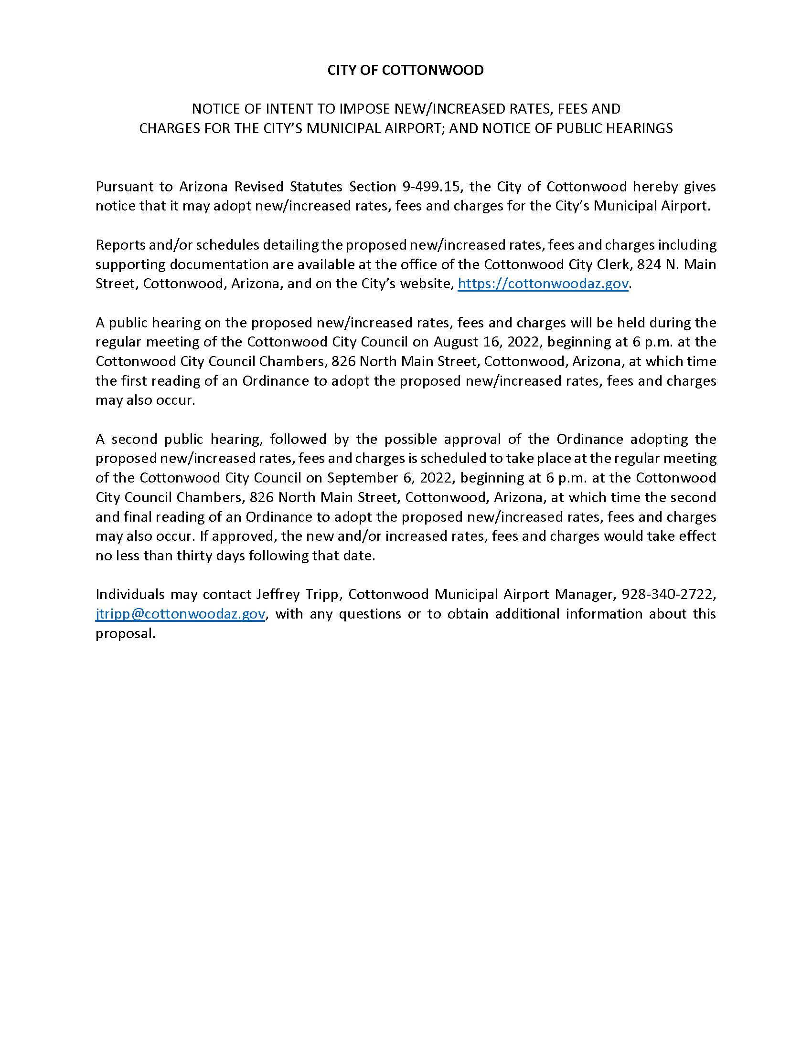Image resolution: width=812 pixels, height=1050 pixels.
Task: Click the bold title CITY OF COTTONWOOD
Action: point(406,70)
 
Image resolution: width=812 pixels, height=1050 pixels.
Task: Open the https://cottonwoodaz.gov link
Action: point(543,283)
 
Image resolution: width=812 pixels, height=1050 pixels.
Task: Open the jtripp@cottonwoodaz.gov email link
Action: point(181,614)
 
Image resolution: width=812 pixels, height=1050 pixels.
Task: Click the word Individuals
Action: point(130,595)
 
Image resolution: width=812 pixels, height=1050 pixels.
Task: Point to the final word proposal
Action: point(125,634)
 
